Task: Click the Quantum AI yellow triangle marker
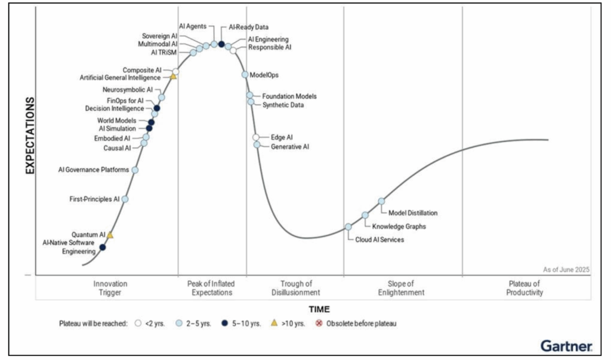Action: tap(110, 235)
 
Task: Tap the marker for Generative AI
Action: tap(257, 144)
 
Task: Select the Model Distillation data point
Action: tap(382, 201)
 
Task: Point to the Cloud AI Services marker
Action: tap(348, 227)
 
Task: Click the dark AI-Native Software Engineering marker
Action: tap(103, 247)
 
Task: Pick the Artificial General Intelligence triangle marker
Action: tap(173, 76)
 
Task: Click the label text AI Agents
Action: tap(193, 26)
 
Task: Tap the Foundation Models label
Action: tap(289, 96)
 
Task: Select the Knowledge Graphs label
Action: tap(399, 226)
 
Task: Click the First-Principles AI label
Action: tap(95, 199)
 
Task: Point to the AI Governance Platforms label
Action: tap(93, 170)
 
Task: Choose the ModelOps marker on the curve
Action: tap(245, 75)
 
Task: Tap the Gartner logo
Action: tap(566, 345)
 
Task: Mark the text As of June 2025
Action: tap(566, 270)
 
